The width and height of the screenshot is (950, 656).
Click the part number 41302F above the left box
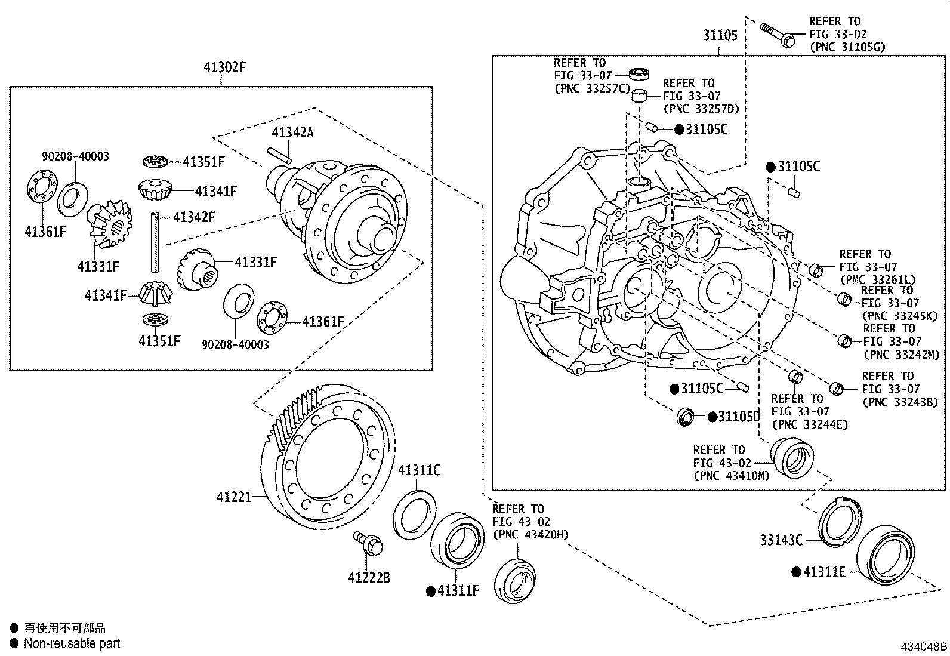click(225, 67)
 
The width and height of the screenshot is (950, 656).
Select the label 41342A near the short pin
click(292, 133)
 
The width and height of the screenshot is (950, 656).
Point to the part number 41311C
click(419, 470)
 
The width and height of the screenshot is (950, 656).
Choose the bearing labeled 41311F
click(457, 541)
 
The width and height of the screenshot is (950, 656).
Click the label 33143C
click(781, 540)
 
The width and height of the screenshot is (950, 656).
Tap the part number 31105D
click(739, 417)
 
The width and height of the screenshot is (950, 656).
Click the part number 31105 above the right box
click(720, 35)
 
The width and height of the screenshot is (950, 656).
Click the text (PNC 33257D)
click(701, 109)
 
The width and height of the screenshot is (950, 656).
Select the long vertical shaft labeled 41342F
click(156, 242)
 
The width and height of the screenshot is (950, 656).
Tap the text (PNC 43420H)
click(530, 534)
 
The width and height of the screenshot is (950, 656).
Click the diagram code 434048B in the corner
click(924, 647)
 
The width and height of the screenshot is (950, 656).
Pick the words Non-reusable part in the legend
click(72, 643)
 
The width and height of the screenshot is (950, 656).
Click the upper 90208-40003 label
click(75, 156)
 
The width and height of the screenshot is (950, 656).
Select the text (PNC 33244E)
click(809, 424)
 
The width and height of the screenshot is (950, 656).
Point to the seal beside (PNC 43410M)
click(792, 458)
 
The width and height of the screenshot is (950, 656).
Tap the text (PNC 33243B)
click(900, 402)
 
